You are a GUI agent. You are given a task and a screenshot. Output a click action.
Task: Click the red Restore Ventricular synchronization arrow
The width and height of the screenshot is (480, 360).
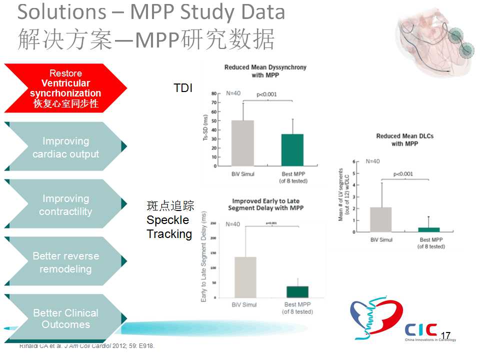pos(65,88)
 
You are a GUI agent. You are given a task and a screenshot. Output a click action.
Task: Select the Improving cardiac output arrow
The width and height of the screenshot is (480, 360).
pos(65,147)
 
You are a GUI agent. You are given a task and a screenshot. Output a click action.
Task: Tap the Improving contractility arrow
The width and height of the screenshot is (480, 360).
pos(65,204)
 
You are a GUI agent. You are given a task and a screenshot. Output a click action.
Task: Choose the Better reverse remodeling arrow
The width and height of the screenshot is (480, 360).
pos(65,262)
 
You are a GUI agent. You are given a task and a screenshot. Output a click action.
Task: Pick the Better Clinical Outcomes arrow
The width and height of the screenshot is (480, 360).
pos(65,318)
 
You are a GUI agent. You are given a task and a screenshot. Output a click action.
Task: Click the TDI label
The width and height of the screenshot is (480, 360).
pos(183,88)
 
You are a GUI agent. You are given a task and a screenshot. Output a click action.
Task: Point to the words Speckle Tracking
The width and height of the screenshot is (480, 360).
pos(169,227)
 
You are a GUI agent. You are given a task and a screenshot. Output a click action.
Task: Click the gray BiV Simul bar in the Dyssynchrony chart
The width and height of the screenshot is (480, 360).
pos(243,143)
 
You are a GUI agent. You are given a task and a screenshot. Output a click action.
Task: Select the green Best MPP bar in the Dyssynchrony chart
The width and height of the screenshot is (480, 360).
pos(292,150)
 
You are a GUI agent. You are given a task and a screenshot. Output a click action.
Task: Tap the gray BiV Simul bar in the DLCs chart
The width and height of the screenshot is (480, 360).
pos(381,219)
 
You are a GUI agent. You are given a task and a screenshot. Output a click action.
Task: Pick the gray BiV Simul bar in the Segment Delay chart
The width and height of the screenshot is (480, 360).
pos(245,277)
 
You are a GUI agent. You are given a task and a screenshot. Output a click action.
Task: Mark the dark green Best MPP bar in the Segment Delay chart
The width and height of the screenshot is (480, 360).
pos(297,292)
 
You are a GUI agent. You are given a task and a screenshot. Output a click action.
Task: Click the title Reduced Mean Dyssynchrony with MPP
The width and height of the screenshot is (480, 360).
pos(265,70)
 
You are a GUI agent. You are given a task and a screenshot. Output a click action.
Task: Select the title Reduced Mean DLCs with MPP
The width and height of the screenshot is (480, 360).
pos(404,140)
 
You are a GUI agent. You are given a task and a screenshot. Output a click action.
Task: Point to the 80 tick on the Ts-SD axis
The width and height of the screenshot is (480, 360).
pos(213,93)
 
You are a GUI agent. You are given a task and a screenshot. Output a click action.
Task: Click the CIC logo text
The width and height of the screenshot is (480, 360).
pos(421,329)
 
